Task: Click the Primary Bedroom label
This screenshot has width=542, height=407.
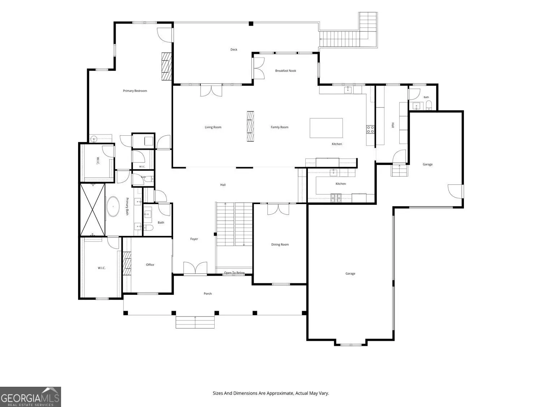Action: [x=135, y=91]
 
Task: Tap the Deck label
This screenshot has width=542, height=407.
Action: [x=233, y=50]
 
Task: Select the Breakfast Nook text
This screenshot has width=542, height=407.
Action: [x=285, y=71]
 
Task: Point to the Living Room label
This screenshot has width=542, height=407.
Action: [x=213, y=127]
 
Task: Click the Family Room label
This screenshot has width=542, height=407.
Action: [x=279, y=127]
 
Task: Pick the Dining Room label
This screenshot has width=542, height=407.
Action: [x=280, y=245]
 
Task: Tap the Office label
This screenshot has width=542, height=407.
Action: [x=150, y=265]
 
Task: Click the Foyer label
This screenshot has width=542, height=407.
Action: [x=194, y=239]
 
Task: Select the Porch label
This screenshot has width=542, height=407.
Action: [x=207, y=293]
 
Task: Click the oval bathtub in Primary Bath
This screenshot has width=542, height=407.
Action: [x=113, y=206]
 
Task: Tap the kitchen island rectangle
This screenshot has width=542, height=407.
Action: [x=326, y=128]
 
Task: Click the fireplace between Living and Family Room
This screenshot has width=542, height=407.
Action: [x=250, y=126]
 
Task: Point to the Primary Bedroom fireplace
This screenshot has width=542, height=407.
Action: [x=167, y=66]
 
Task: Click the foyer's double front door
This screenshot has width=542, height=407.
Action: [x=195, y=268]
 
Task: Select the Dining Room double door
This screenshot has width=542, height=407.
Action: [x=278, y=209]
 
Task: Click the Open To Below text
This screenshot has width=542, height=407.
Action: [x=234, y=273]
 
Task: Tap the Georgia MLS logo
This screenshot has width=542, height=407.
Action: [x=30, y=397]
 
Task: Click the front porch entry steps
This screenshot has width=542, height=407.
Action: [x=195, y=322]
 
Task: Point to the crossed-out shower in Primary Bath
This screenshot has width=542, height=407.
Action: [x=93, y=209]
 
